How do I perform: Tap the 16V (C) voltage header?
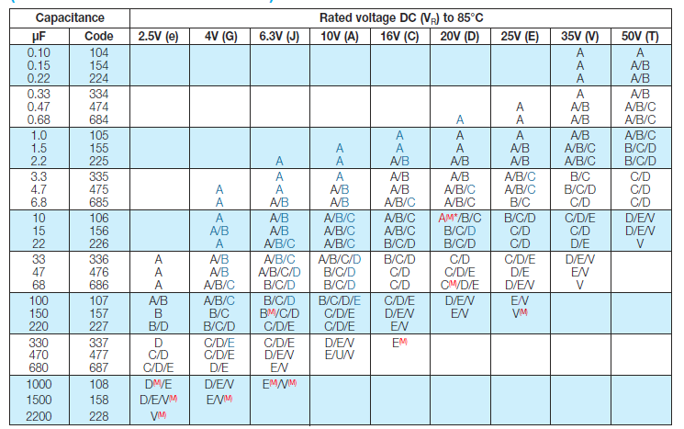pyautogui.click(x=399, y=36)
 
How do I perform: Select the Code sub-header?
pyautogui.click(x=98, y=36)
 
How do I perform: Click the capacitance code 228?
pyautogui.click(x=98, y=415)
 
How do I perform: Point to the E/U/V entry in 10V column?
pyautogui.click(x=339, y=354)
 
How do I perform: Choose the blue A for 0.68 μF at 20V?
pyautogui.click(x=459, y=119)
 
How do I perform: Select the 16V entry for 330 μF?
pyautogui.click(x=399, y=342)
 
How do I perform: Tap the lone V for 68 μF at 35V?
pyautogui.click(x=579, y=286)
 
